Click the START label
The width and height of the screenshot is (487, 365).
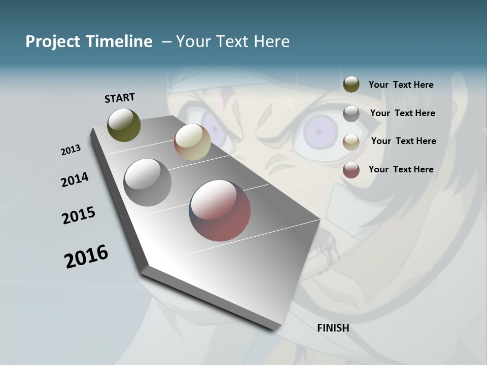(120, 98)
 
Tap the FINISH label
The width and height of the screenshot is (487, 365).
(333, 328)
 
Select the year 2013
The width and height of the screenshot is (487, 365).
(71, 150)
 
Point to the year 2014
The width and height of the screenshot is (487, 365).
(75, 179)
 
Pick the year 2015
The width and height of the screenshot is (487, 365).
(79, 215)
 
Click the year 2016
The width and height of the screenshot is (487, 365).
(86, 257)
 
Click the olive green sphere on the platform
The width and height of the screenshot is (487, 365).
(124, 125)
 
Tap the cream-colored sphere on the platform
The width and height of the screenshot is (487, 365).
(192, 142)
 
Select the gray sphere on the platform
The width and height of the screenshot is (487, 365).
(147, 182)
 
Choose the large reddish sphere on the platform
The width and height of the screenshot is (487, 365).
(220, 210)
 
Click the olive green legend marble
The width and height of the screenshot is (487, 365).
(351, 85)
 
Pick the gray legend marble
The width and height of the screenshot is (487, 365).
(351, 114)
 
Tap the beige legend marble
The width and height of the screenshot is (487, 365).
(351, 142)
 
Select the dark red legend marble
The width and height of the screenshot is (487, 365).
(351, 170)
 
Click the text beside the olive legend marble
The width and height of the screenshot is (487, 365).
(401, 85)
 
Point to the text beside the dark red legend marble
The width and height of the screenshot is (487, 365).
(401, 169)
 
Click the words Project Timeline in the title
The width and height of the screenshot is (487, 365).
(89, 42)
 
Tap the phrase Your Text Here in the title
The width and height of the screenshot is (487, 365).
(233, 42)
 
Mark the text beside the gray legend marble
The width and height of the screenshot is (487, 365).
(402, 113)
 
